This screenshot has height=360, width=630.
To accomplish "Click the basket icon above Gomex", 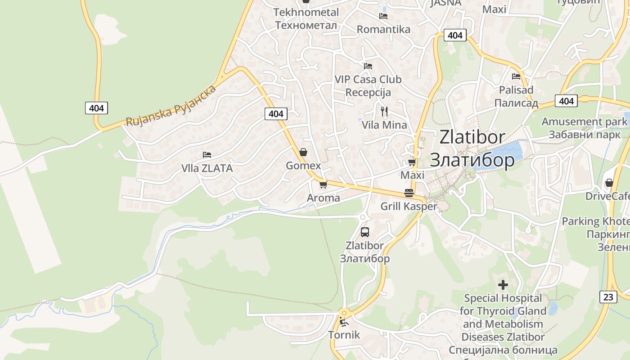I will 303,152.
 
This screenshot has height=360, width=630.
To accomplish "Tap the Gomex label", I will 303,166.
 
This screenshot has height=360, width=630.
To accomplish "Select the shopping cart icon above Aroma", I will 323,184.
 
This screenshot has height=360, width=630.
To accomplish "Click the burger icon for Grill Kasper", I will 409,193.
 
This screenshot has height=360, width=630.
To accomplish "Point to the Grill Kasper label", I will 409,207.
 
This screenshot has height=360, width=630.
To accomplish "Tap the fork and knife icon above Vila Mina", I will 384,111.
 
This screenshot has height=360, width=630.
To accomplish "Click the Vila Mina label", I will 384,125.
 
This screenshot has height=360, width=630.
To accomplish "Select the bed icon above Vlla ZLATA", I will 207,155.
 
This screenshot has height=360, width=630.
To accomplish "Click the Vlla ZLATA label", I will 207,168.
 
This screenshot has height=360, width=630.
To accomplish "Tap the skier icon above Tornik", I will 343,321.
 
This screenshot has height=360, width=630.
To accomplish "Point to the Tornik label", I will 344,335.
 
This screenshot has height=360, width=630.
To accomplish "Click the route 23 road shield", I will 608,297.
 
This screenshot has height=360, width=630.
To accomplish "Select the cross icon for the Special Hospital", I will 503,285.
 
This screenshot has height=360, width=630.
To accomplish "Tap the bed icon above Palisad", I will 516,76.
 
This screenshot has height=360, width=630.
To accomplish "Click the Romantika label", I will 383,30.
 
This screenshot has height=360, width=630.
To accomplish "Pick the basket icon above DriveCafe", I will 609,183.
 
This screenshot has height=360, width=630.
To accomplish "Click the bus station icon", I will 365,232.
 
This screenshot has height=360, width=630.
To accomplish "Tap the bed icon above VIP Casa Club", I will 368,66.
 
